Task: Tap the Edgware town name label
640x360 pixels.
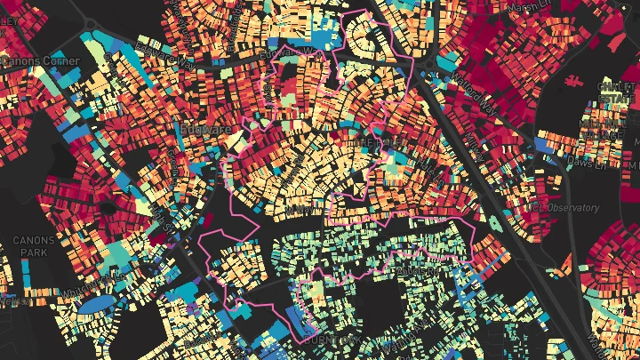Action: click(x=205, y=130)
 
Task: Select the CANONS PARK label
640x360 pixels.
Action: click(x=34, y=246)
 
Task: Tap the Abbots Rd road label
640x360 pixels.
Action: click(x=418, y=267)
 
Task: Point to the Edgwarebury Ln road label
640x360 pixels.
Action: click(x=283, y=52)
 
